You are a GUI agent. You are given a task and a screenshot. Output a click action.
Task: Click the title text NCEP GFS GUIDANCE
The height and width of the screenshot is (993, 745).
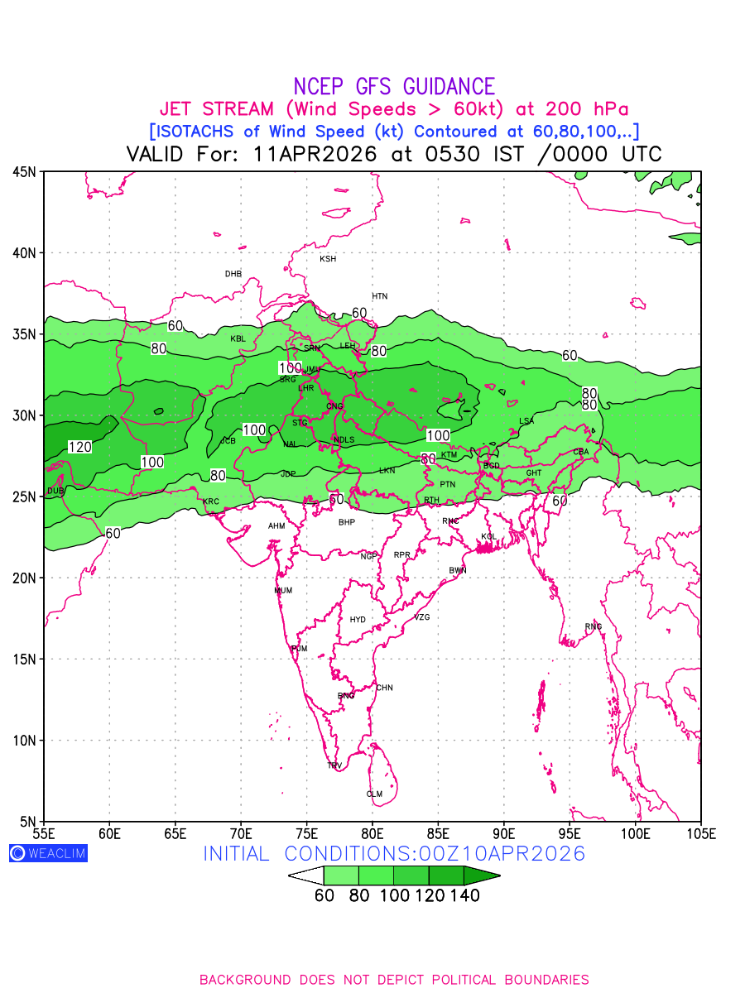click(x=394, y=86)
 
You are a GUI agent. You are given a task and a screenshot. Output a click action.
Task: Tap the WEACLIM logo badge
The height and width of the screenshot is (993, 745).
click(x=48, y=853)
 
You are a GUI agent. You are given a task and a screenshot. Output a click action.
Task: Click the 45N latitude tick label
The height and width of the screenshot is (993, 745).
click(x=24, y=172)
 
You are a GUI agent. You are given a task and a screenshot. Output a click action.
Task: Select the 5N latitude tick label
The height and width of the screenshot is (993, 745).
click(x=27, y=821)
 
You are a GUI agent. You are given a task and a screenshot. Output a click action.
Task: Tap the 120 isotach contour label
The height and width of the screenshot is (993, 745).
click(x=79, y=447)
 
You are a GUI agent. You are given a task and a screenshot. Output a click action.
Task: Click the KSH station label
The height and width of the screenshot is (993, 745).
click(x=328, y=259)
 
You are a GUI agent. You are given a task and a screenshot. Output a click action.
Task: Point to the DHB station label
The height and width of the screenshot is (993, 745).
click(x=233, y=274)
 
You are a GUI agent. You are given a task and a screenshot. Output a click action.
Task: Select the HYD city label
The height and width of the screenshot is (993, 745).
click(x=358, y=620)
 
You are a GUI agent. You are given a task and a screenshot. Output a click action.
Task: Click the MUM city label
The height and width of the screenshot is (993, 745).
click(x=283, y=591)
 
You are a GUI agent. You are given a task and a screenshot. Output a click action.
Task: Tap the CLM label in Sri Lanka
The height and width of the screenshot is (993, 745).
click(x=374, y=794)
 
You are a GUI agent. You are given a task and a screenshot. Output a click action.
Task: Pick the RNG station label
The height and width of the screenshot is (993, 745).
click(x=594, y=626)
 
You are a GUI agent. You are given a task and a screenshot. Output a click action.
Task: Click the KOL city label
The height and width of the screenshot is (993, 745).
click(x=488, y=537)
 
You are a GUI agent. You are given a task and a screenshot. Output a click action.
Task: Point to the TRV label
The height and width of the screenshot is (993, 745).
click(x=334, y=765)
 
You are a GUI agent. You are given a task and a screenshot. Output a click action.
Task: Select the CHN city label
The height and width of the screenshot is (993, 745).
click(x=384, y=688)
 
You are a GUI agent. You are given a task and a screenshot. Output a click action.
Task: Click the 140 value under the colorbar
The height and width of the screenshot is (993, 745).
click(x=464, y=895)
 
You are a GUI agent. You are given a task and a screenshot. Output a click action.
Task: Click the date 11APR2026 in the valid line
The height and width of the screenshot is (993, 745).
click(x=315, y=154)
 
